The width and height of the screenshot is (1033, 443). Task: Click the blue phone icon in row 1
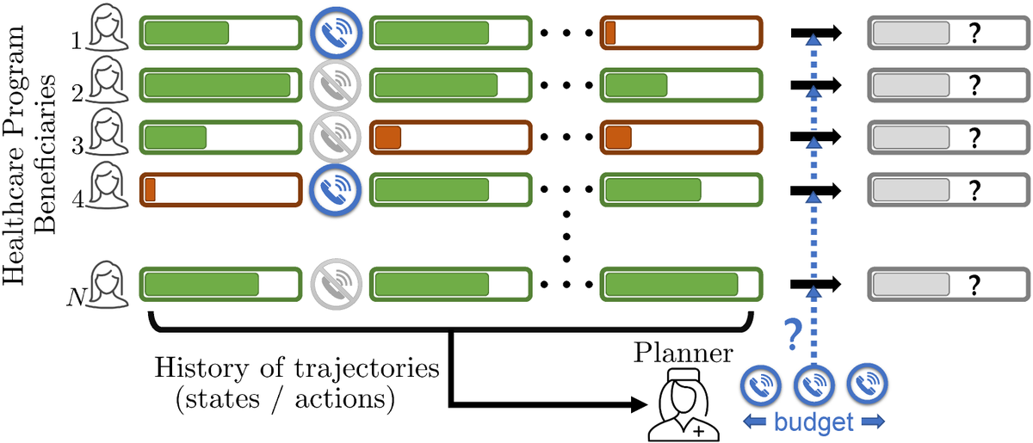click(336, 33)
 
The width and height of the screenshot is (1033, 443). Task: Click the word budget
click(813, 422)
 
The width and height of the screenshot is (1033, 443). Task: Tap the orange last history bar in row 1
click(681, 33)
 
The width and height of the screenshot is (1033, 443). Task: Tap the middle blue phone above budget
click(813, 386)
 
